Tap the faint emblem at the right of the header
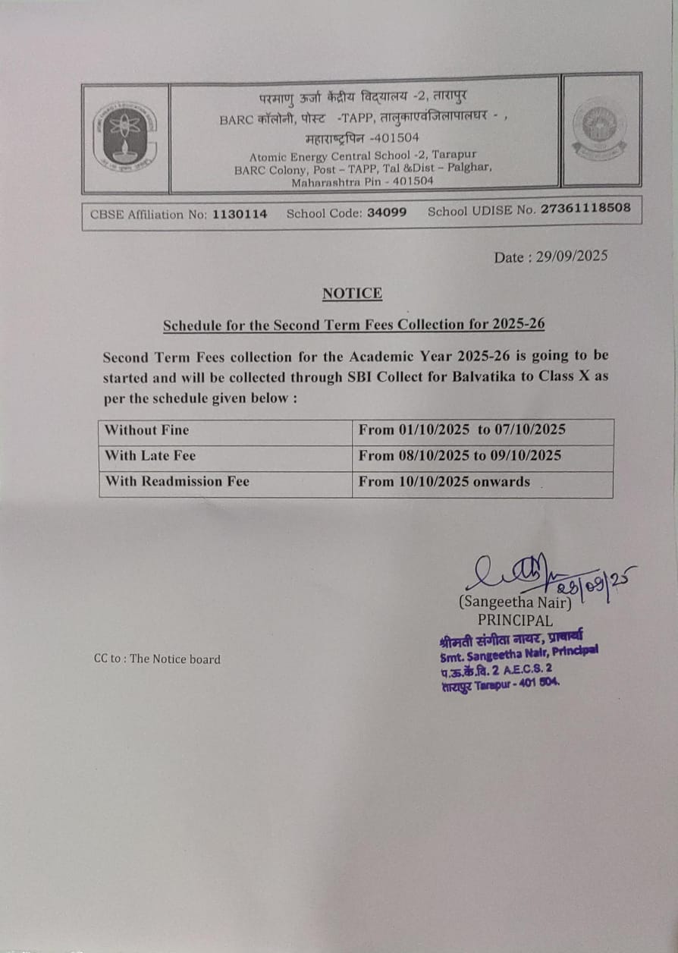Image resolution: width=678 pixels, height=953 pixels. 599,129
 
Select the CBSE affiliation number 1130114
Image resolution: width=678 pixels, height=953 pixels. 240,214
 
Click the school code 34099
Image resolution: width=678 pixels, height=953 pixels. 387,212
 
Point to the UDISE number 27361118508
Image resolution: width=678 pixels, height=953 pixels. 585,209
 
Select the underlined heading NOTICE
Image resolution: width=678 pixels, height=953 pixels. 352,293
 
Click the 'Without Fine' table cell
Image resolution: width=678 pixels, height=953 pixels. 147,430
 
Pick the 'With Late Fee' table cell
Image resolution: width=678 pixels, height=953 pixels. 150,456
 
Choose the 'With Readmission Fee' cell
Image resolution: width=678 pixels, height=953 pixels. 177,481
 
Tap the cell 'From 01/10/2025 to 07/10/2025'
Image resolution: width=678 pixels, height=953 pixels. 462,429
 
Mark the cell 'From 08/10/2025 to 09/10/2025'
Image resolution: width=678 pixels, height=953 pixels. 460,455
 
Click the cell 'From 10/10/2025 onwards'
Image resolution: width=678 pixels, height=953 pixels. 444,481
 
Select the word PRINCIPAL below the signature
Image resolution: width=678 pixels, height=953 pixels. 515,620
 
